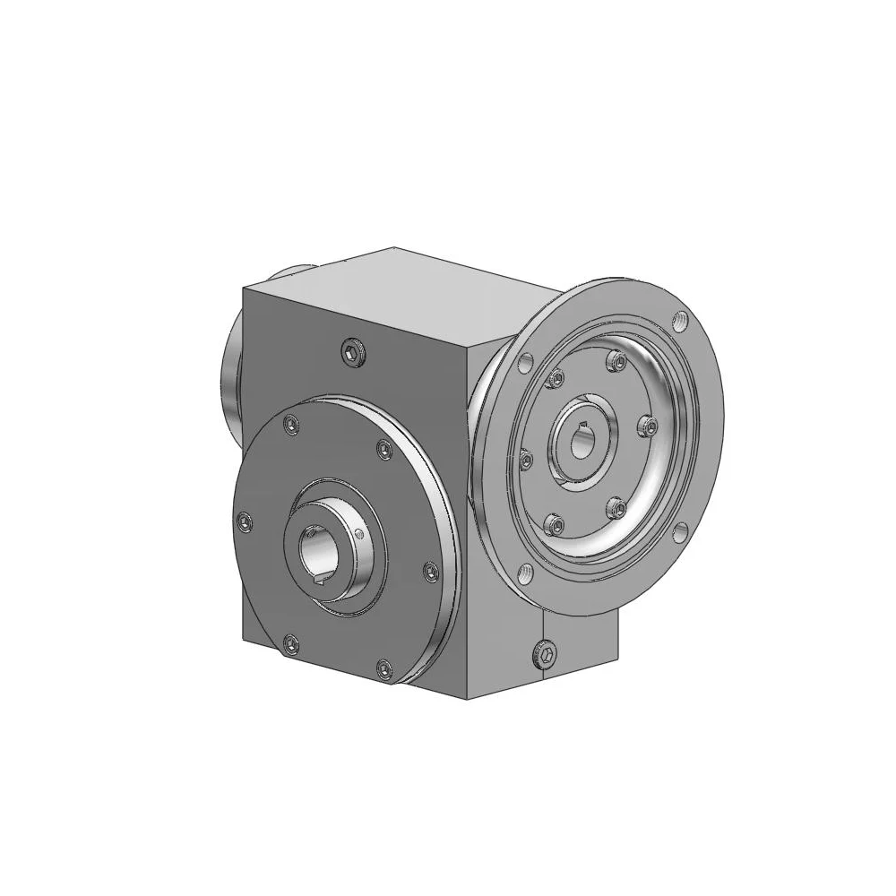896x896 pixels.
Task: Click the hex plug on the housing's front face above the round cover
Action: pos(353,355)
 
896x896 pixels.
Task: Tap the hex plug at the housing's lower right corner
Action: pos(543,658)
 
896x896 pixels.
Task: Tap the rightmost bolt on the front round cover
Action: pos(430,569)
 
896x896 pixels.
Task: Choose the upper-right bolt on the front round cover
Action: pos(384,448)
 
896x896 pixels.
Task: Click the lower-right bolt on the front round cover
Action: pos(383,665)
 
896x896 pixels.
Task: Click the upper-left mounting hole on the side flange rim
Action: pos(525,362)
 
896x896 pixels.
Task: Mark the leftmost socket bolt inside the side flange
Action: pos(527,461)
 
